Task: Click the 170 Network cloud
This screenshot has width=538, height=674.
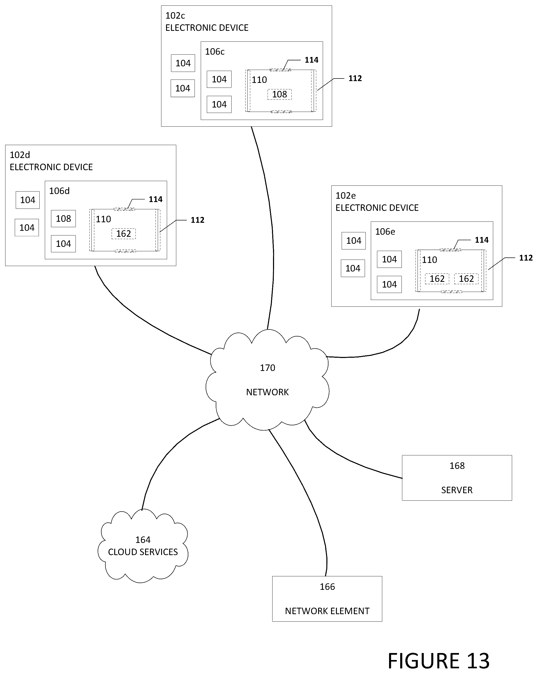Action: click(267, 380)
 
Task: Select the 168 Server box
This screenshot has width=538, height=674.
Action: click(457, 478)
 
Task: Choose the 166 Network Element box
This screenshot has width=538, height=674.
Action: click(327, 599)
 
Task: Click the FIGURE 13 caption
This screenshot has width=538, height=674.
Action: click(439, 661)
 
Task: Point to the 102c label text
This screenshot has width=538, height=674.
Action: click(175, 15)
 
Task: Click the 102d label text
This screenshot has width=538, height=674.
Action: click(20, 155)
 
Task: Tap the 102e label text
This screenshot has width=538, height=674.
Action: click(346, 196)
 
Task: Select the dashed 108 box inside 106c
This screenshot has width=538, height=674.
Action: click(279, 94)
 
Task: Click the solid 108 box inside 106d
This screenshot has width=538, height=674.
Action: click(63, 219)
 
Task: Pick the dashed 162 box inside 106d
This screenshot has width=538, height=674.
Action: click(124, 234)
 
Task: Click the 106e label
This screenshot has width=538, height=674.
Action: click(385, 232)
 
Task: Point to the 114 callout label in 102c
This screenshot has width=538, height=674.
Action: click(311, 60)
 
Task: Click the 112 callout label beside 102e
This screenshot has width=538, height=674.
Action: click(526, 258)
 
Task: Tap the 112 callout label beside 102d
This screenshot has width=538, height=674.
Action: click(197, 220)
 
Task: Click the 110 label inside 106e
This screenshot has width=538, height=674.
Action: click(429, 260)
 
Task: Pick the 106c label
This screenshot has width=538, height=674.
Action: click(215, 52)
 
